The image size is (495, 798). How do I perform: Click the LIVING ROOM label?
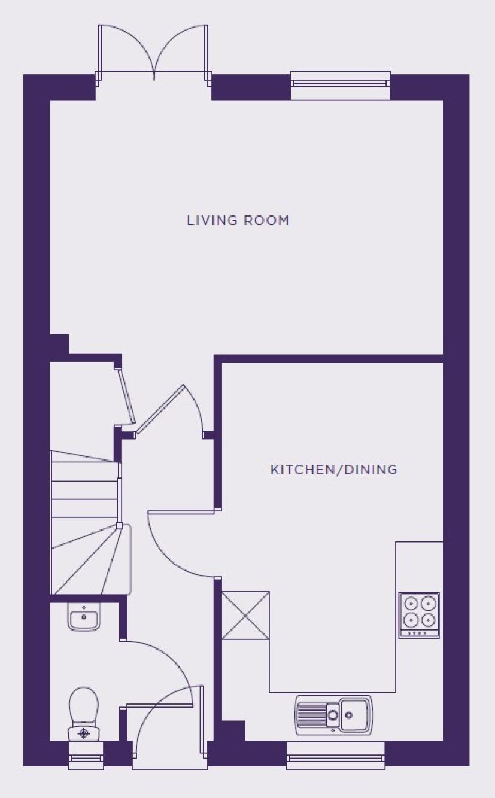[x=238, y=220]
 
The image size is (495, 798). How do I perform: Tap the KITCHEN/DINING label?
[x=333, y=470]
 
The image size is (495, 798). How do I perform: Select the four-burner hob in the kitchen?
[x=419, y=615]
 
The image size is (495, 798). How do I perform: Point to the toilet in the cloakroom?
[x=83, y=714]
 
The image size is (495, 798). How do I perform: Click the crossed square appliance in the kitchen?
[x=245, y=616]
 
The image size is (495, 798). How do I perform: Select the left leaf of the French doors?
[x=126, y=50]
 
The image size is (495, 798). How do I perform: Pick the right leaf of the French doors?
[x=181, y=50]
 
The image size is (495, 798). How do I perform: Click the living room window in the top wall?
[x=341, y=85]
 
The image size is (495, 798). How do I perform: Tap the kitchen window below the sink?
[x=335, y=755]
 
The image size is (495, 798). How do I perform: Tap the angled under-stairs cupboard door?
[x=125, y=396]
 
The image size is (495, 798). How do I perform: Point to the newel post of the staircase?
[x=119, y=526]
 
